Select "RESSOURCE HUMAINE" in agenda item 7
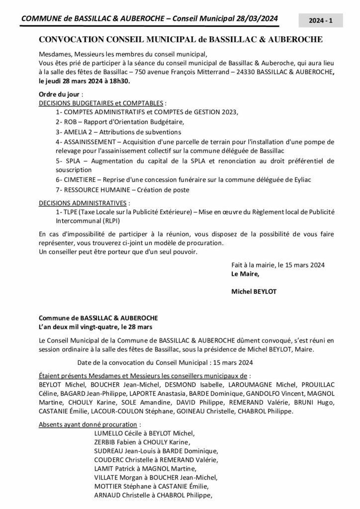(x=96, y=190)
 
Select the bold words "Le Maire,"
(x=245, y=274)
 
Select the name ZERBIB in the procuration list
(x=105, y=442)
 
